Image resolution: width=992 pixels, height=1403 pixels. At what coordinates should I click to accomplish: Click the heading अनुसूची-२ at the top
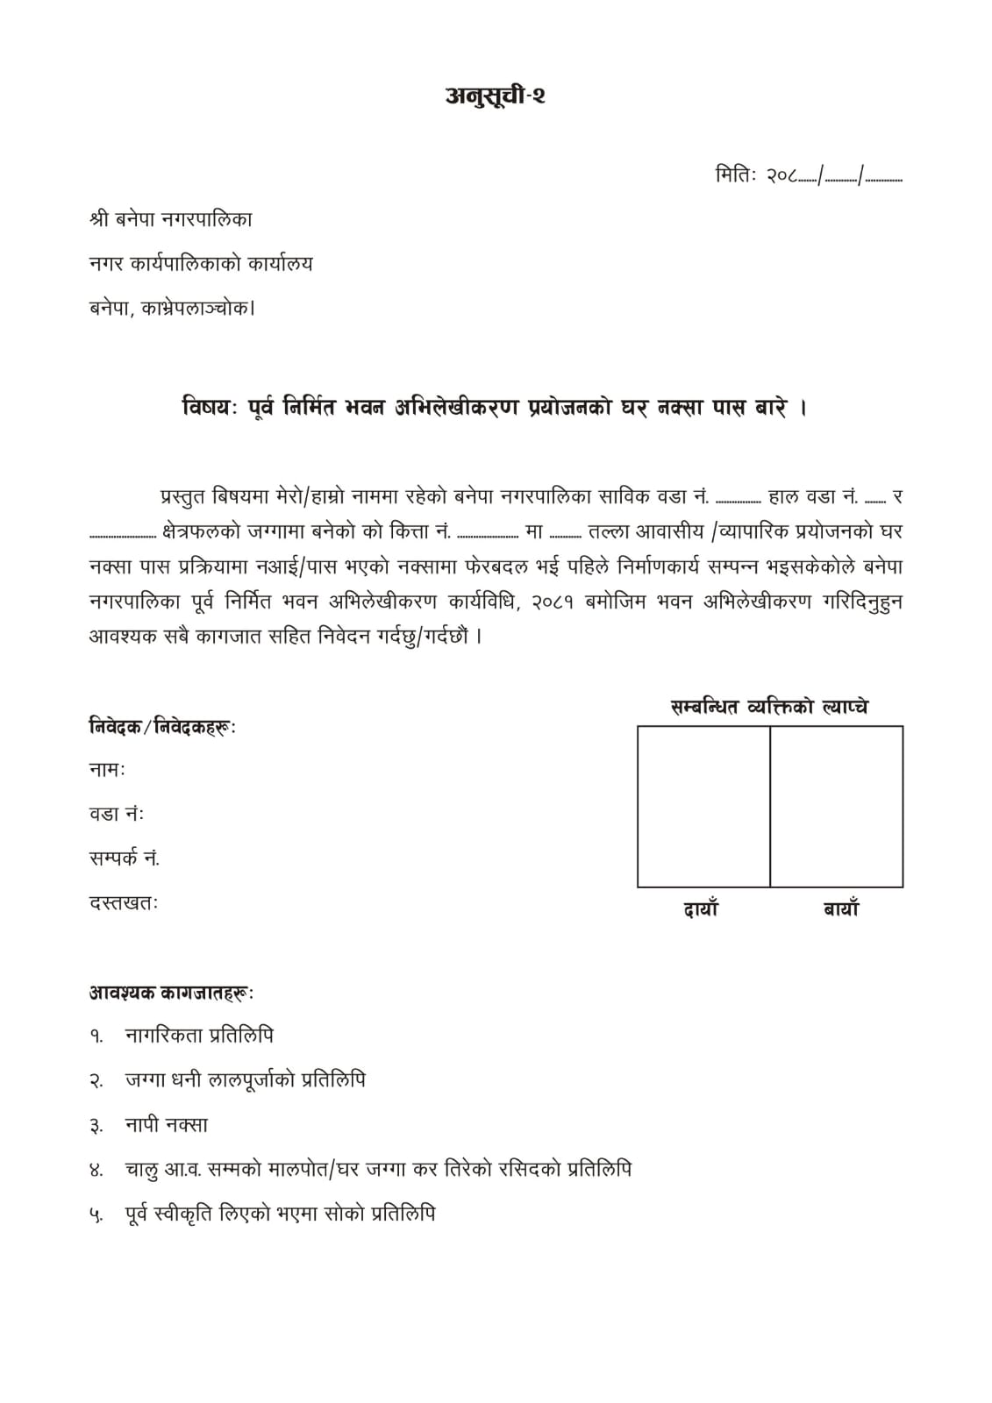tap(496, 96)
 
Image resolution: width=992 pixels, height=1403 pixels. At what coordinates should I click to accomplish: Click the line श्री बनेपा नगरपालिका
tap(171, 219)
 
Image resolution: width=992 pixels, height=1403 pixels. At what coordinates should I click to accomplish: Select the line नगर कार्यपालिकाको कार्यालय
tap(201, 263)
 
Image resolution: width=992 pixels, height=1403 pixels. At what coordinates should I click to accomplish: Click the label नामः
tap(107, 770)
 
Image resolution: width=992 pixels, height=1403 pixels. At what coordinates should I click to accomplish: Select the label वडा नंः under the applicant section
tap(117, 814)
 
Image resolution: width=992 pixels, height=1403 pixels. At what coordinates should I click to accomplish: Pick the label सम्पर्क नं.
tap(125, 858)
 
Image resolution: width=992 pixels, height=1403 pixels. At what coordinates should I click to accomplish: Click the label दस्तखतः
tap(124, 901)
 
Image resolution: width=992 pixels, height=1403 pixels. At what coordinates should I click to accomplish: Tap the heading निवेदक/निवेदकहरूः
tap(162, 726)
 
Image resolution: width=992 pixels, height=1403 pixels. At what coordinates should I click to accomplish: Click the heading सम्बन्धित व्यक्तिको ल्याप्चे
tap(769, 707)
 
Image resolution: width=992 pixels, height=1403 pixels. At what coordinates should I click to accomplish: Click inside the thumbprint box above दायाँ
tap(703, 806)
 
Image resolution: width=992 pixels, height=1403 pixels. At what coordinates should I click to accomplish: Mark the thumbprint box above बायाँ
tap(837, 806)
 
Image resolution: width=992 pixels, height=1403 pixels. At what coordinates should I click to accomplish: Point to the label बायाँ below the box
tap(840, 909)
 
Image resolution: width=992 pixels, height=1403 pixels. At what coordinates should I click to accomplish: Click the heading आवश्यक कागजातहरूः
tap(171, 993)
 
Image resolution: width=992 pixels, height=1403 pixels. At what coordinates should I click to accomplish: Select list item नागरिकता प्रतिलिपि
tap(199, 1036)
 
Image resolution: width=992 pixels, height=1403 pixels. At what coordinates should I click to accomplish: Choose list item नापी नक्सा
tap(167, 1124)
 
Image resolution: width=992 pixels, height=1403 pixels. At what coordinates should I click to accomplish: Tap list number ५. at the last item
tap(96, 1215)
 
